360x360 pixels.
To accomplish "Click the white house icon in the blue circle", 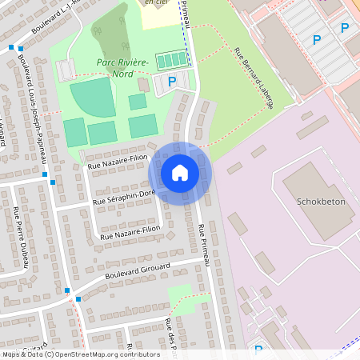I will click(180, 172).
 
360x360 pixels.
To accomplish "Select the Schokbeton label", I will click(320, 202).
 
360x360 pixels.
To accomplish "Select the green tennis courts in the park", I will click(172, 61).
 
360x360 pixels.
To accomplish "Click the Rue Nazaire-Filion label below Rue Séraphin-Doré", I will click(130, 233).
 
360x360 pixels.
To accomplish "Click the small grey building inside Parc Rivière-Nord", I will click(143, 84).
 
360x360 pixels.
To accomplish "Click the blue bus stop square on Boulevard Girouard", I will click(67, 290).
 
